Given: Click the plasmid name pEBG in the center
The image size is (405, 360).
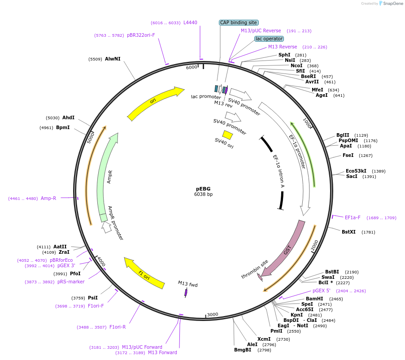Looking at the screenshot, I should click(203, 189).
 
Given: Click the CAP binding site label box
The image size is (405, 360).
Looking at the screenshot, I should click(239, 22).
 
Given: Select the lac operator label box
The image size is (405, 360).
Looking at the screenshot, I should click(269, 39).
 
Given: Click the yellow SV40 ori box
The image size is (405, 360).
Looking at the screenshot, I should click(228, 134).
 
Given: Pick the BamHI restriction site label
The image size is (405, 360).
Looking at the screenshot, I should click(314, 299).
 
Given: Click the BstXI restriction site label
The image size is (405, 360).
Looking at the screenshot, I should click(348, 232).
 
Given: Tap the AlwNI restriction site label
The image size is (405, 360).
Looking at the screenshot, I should click(113, 59).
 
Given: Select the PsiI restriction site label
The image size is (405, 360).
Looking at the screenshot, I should click(93, 298).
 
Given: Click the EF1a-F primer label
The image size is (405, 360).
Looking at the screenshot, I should click(353, 218).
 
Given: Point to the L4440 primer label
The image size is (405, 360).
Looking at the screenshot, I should click(190, 22).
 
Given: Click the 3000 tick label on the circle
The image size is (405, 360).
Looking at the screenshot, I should click(213, 314).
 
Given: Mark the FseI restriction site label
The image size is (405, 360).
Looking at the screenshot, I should click(348, 156).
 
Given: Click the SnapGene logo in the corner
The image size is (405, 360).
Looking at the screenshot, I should click(389, 4).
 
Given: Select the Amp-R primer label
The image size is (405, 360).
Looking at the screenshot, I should click(48, 198).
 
